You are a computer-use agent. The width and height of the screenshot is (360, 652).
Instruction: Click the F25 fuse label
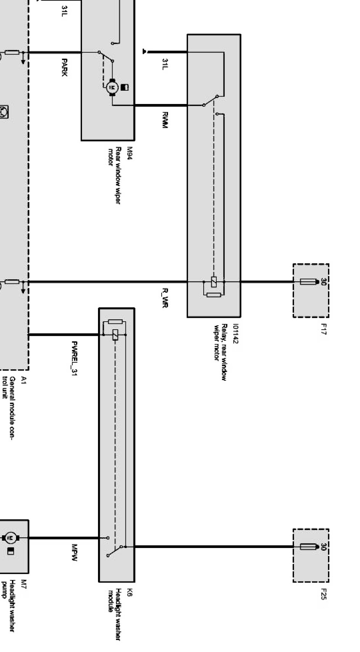(x=324, y=594)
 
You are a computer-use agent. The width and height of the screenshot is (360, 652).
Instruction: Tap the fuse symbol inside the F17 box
(x=310, y=282)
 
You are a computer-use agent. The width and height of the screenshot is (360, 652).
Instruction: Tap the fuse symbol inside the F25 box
(x=310, y=547)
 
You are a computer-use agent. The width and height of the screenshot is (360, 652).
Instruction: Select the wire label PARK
(x=64, y=67)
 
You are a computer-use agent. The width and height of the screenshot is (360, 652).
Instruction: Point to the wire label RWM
(x=165, y=120)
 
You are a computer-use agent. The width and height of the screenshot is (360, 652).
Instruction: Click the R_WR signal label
(x=165, y=298)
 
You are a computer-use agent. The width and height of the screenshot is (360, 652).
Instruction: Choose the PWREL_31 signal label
(x=74, y=359)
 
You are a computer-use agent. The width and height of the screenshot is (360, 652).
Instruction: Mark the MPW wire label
(x=74, y=553)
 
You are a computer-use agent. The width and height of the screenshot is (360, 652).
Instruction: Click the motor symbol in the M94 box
(x=112, y=87)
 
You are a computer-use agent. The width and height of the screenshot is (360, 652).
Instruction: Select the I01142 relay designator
(x=236, y=334)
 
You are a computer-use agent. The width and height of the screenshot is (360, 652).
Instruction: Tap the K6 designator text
(x=130, y=592)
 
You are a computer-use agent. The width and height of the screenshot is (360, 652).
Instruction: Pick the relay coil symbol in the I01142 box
(x=214, y=282)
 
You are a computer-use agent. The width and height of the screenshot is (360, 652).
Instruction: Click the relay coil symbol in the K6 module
(x=115, y=335)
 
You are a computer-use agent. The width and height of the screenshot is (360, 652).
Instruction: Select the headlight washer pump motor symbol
(x=11, y=538)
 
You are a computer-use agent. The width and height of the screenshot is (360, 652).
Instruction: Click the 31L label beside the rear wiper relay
(x=165, y=64)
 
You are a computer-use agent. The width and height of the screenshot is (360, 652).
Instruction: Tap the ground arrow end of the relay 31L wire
(x=145, y=51)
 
